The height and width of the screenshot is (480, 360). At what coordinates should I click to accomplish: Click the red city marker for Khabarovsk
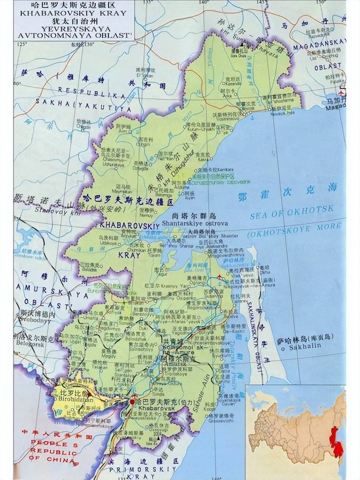coord(132,401)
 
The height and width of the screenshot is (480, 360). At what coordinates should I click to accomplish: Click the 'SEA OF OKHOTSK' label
coord(292,213)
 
